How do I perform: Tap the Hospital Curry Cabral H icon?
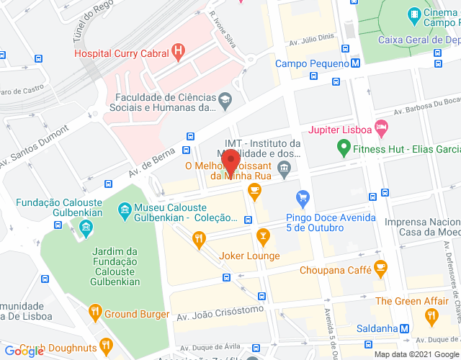[177, 52]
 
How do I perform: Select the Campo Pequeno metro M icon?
[356, 63]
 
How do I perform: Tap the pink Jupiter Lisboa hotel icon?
[382, 129]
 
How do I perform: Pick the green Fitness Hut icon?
[344, 149]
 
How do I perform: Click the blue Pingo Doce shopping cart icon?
[303, 196]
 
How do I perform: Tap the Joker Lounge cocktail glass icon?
[264, 235]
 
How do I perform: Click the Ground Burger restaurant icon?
[94, 312]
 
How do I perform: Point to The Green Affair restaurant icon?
[431, 315]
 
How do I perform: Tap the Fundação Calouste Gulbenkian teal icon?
[86, 229]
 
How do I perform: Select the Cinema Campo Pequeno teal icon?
[414, 14]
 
